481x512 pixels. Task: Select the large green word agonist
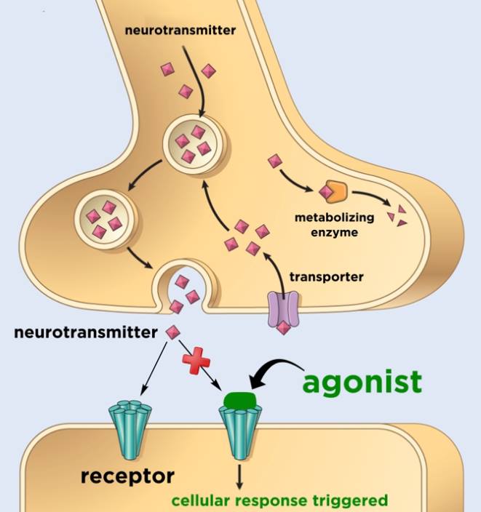[362, 381]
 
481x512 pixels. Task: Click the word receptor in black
[127, 476]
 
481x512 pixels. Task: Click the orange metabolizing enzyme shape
[339, 191]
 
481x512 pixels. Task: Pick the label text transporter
[327, 276]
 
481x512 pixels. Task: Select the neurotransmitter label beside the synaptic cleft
[86, 333]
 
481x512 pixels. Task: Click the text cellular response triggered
[279, 501]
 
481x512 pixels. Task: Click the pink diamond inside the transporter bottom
[284, 327]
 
